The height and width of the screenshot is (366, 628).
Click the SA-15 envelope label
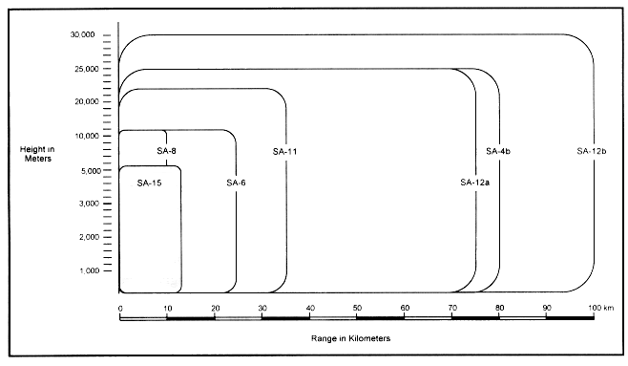(148, 183)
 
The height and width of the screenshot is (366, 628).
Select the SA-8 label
(166, 151)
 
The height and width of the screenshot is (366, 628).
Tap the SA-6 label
(237, 183)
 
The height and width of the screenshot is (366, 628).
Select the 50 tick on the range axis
(357, 307)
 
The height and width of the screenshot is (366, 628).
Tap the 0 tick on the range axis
(120, 307)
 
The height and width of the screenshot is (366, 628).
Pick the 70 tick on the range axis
(451, 307)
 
